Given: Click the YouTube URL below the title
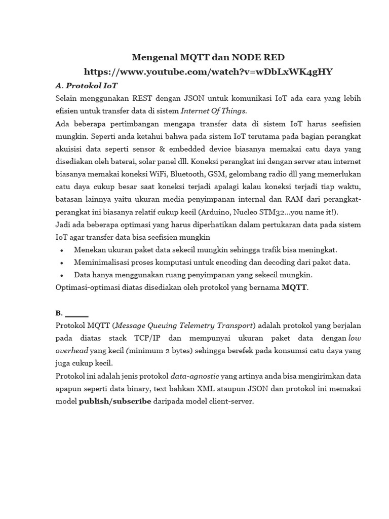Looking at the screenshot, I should point(208,71).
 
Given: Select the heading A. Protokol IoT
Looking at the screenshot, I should point(86,85).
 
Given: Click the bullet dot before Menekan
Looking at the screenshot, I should point(61,250).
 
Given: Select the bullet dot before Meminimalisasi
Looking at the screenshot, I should point(61,263).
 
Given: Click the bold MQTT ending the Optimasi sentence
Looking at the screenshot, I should point(294,287).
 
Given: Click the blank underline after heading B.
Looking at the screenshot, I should point(77,313).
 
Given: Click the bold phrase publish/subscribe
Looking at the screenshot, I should point(115,401).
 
